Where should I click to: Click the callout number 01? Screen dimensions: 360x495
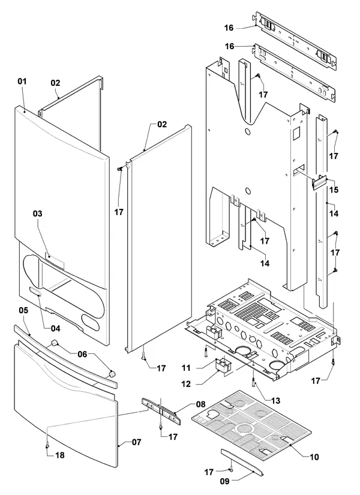pos(22,82)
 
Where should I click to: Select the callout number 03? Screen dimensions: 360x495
pos(38,214)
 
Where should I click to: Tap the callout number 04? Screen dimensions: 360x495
pos(56,329)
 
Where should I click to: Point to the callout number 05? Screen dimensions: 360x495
pos(23,310)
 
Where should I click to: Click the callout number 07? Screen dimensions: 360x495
pos(136,442)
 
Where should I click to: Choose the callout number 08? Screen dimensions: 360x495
pos(200,404)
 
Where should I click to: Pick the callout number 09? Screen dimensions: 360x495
pos(224,481)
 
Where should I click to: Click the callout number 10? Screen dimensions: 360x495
pos(314,457)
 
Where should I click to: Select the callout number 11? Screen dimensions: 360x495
pos(187,368)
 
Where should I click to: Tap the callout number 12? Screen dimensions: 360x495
pos(186,384)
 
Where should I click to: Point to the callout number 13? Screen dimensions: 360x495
pos(275,401)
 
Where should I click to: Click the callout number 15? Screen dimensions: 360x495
pos(334,190)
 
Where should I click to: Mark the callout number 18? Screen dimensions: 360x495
pos(59,455)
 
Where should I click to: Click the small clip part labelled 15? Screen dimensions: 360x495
pos(319,183)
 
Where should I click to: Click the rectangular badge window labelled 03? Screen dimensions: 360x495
pos(55,260)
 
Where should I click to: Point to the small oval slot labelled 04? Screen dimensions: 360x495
pos(35,292)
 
